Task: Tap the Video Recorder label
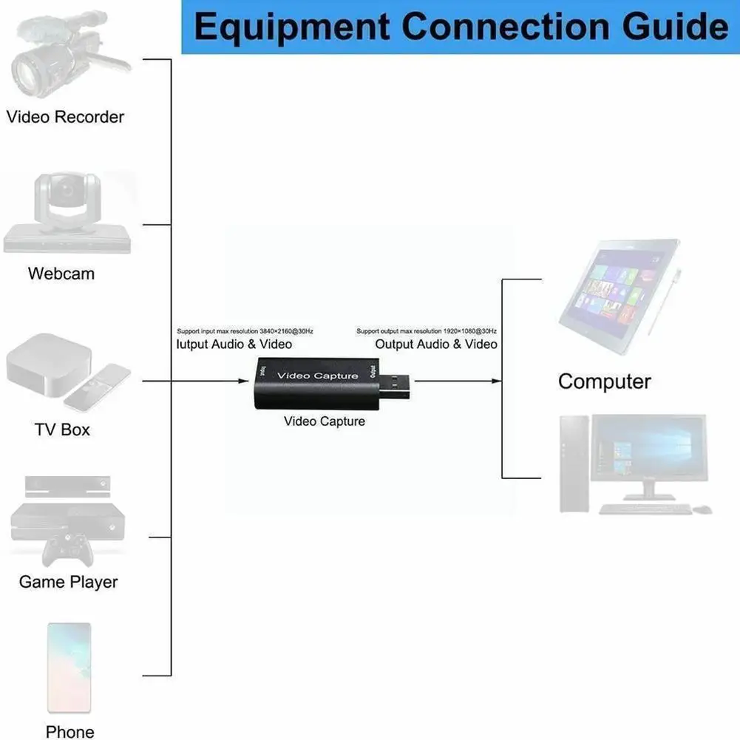click(x=65, y=117)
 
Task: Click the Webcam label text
click(x=61, y=274)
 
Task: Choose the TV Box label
click(x=62, y=430)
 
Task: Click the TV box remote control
click(x=97, y=387)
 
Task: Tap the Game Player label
click(x=68, y=582)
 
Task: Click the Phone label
click(x=69, y=732)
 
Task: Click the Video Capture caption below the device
click(x=325, y=421)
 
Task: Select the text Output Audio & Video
click(x=436, y=344)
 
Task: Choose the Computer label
click(x=604, y=382)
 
